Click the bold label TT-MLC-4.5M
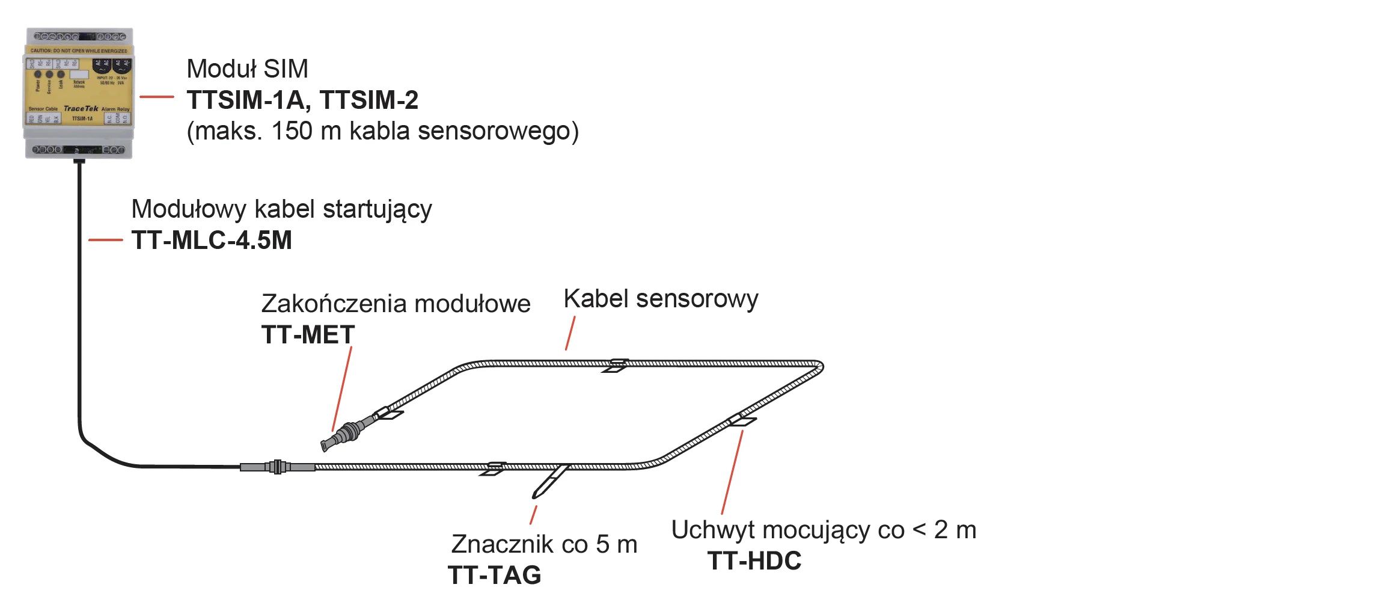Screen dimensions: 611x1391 tap(212, 241)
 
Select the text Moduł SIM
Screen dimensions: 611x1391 tap(247, 69)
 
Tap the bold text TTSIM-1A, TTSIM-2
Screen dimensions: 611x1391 tap(302, 100)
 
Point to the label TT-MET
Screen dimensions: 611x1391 tap(308, 335)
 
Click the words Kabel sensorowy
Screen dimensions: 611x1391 tap(661, 299)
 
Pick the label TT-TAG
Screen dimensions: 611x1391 tap(494, 576)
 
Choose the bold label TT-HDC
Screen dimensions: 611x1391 tap(754, 561)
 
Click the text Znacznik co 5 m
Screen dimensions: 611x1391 tap(544, 544)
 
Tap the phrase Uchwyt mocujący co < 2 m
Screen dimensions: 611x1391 tap(824, 530)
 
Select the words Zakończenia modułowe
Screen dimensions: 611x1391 tap(396, 304)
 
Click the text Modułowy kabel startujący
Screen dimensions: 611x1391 tap(281, 209)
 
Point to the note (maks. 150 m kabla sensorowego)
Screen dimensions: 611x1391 tap(383, 131)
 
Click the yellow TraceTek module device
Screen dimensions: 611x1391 tap(79, 93)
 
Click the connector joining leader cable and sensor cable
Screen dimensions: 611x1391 tap(277, 467)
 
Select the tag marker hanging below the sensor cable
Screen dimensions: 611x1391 tap(549, 482)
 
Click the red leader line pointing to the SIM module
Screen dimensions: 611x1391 tap(157, 96)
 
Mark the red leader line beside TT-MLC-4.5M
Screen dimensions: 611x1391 tap(106, 240)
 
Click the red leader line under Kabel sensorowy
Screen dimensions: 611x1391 tap(570, 333)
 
